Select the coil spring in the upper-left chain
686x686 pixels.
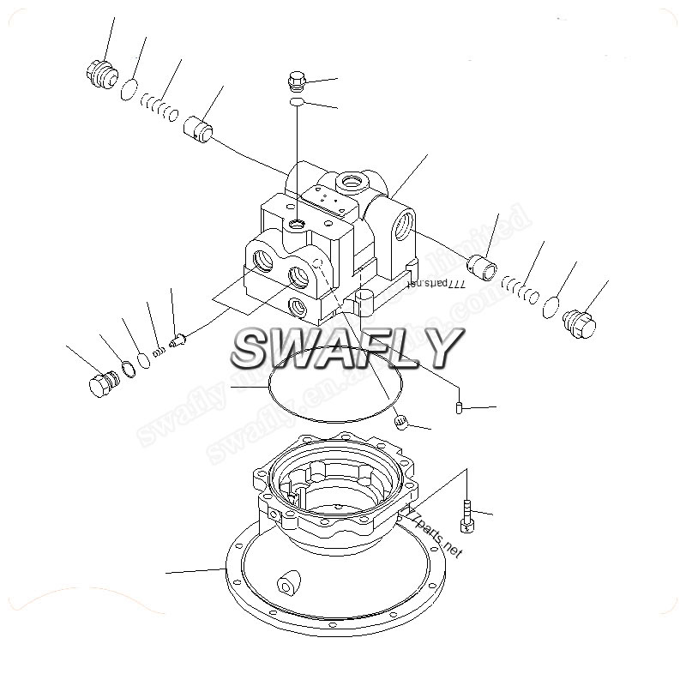(160, 107)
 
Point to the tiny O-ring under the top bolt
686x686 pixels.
(296, 102)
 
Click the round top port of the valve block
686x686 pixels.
(351, 182)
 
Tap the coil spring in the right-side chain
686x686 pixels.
(521, 290)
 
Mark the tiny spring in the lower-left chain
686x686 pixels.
(159, 351)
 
